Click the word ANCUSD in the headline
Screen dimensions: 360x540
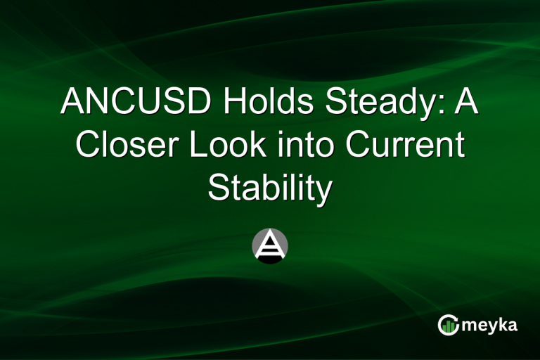(x=136, y=103)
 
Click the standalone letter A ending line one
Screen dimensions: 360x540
(x=465, y=103)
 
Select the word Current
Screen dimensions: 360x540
(x=405, y=146)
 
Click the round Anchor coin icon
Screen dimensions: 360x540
(x=270, y=246)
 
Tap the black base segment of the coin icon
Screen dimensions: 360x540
(x=270, y=258)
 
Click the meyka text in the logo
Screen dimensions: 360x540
(x=491, y=325)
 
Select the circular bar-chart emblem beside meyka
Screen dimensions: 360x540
(x=449, y=324)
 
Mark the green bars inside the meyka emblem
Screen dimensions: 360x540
(x=449, y=326)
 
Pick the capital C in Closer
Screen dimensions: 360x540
(x=88, y=146)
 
